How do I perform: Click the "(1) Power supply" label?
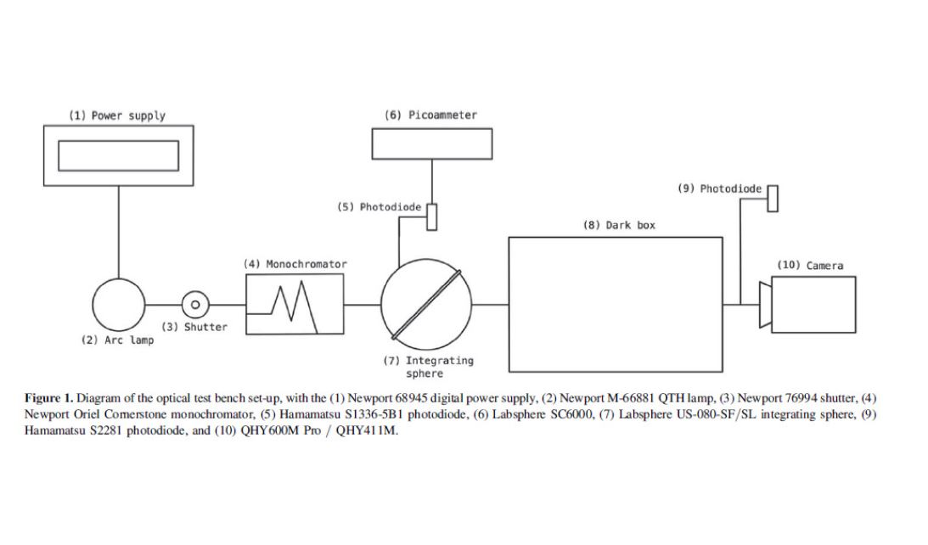point(117,115)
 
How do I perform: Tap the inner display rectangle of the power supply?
point(118,155)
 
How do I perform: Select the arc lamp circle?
point(119,304)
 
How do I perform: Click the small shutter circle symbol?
point(195,304)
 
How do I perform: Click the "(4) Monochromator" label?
point(295,264)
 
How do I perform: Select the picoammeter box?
point(432,143)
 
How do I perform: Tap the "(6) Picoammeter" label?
point(431,115)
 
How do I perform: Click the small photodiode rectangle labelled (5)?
point(432,216)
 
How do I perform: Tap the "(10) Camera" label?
point(810,266)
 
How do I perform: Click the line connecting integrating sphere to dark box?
point(490,304)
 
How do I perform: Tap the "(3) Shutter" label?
point(194,327)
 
